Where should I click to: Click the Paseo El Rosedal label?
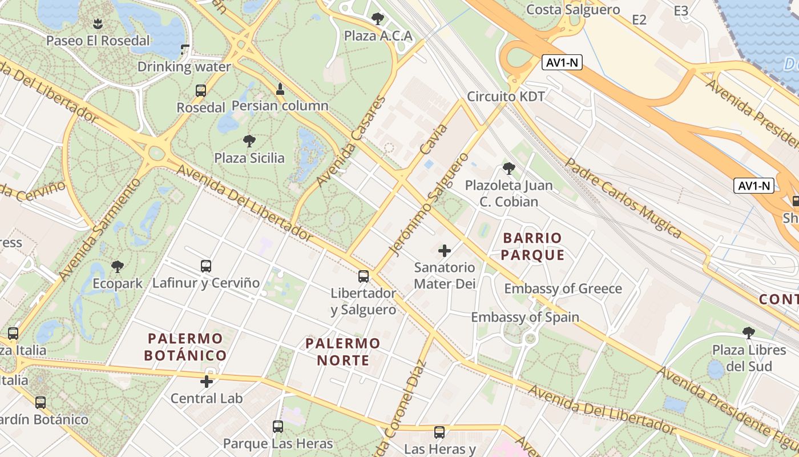[98, 41]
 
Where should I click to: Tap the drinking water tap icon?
[184, 49]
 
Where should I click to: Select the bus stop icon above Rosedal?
[200, 90]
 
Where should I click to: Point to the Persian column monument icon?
[280, 89]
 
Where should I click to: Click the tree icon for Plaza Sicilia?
[249, 141]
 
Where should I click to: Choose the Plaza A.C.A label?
[378, 36]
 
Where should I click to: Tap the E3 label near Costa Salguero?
[681, 11]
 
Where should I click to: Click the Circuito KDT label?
[506, 96]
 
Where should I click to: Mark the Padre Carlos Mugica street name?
[623, 198]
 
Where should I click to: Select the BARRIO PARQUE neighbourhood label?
[532, 246]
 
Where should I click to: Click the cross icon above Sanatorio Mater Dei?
[445, 250]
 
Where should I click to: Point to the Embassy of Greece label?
[563, 288]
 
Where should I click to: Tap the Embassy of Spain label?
[524, 317]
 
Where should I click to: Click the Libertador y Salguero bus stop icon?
[364, 276]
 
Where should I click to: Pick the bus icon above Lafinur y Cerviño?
[206, 266]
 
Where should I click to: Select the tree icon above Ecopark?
[118, 266]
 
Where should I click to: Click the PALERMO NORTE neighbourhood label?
[342, 351]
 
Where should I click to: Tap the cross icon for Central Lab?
[207, 382]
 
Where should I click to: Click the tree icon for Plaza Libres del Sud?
[749, 332]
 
